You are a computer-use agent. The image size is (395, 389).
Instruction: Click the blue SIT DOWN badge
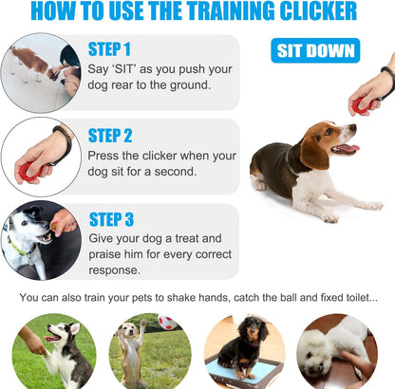314,50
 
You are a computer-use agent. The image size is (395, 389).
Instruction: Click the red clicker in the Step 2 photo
29,171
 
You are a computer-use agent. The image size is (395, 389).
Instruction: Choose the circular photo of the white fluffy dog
337,351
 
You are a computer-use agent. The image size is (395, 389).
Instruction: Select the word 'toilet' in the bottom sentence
355,298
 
